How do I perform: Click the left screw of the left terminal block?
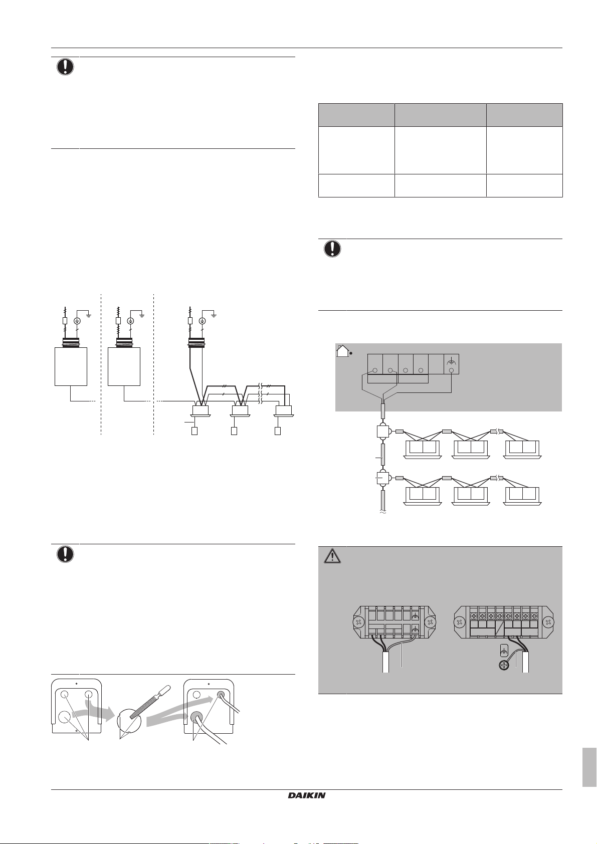(x=359, y=622)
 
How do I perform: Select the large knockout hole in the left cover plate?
(x=64, y=717)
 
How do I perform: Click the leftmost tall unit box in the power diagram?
(x=71, y=366)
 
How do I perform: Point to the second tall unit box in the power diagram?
(x=124, y=366)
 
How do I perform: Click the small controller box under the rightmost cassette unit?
(x=278, y=431)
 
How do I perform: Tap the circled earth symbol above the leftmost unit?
(x=78, y=321)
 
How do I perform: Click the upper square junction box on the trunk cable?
(x=383, y=432)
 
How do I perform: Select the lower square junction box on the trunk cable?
(x=383, y=478)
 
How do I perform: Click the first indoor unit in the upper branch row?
(x=422, y=448)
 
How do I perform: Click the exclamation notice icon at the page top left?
(x=65, y=67)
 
